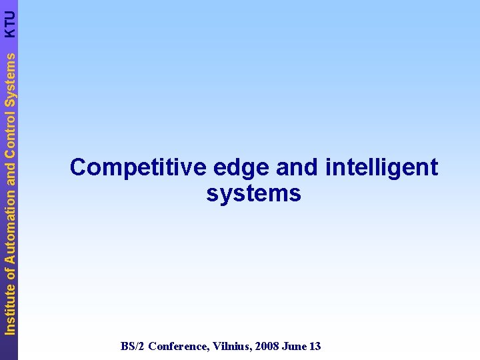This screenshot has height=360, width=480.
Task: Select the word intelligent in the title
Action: pyautogui.click(x=382, y=168)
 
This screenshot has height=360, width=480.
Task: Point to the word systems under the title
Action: pyautogui.click(x=253, y=194)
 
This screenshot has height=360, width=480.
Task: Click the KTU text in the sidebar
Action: pyautogui.click(x=9, y=23)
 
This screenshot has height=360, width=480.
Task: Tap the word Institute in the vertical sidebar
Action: pyautogui.click(x=9, y=307)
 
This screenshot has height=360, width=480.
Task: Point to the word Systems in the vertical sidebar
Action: pyautogui.click(x=9, y=73)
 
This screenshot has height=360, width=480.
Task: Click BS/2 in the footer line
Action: pyautogui.click(x=132, y=346)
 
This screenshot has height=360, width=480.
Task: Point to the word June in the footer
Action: pyautogui.click(x=293, y=346)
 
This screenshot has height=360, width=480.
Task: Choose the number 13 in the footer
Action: pyautogui.click(x=315, y=346)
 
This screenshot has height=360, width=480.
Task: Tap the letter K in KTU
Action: pyautogui.click(x=9, y=33)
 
